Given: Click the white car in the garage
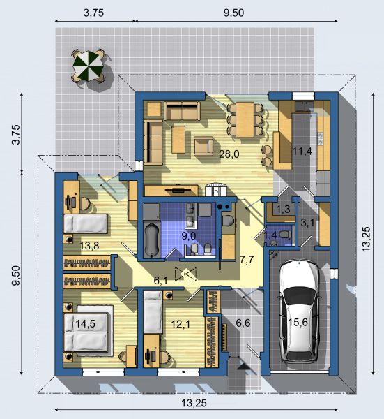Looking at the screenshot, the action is click(x=299, y=311).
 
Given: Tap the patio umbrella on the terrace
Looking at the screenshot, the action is click(x=88, y=66).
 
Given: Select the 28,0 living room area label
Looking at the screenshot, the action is click(x=229, y=154).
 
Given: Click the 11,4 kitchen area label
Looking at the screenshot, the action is click(x=302, y=152).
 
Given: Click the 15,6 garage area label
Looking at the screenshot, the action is click(x=298, y=322).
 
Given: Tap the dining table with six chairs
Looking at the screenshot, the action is click(x=245, y=119).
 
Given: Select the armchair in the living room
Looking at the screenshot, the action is click(x=203, y=146).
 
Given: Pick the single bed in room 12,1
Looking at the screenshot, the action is click(x=153, y=312).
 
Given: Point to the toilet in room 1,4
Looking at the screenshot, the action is click(x=284, y=235).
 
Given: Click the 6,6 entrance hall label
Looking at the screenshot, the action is click(x=243, y=323).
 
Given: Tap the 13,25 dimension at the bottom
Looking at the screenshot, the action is click(x=194, y=403).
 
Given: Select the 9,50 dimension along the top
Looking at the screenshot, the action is click(x=233, y=13).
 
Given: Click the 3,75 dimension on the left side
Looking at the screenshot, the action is click(x=16, y=135).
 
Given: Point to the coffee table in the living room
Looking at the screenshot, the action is click(x=178, y=139).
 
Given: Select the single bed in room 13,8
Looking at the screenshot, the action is click(x=86, y=224).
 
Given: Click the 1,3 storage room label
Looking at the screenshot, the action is click(x=283, y=209).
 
